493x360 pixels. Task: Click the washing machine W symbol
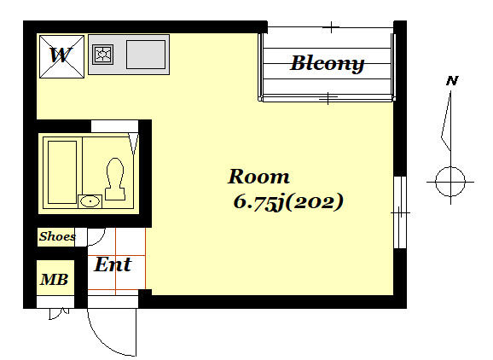61,56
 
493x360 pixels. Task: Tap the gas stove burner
102,55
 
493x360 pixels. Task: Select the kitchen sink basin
146,55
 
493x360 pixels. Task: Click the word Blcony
327,64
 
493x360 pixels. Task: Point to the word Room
258,177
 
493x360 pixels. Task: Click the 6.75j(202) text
288,201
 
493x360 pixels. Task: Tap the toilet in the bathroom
115,179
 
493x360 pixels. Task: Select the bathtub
62,172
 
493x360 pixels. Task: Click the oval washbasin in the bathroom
90,201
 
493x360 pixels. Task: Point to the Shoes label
57,236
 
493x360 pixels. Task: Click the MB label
54,279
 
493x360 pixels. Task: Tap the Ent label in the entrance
113,264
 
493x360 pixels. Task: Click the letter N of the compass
452,81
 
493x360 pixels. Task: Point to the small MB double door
59,313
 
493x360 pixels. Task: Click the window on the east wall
400,212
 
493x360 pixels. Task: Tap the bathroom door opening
114,126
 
